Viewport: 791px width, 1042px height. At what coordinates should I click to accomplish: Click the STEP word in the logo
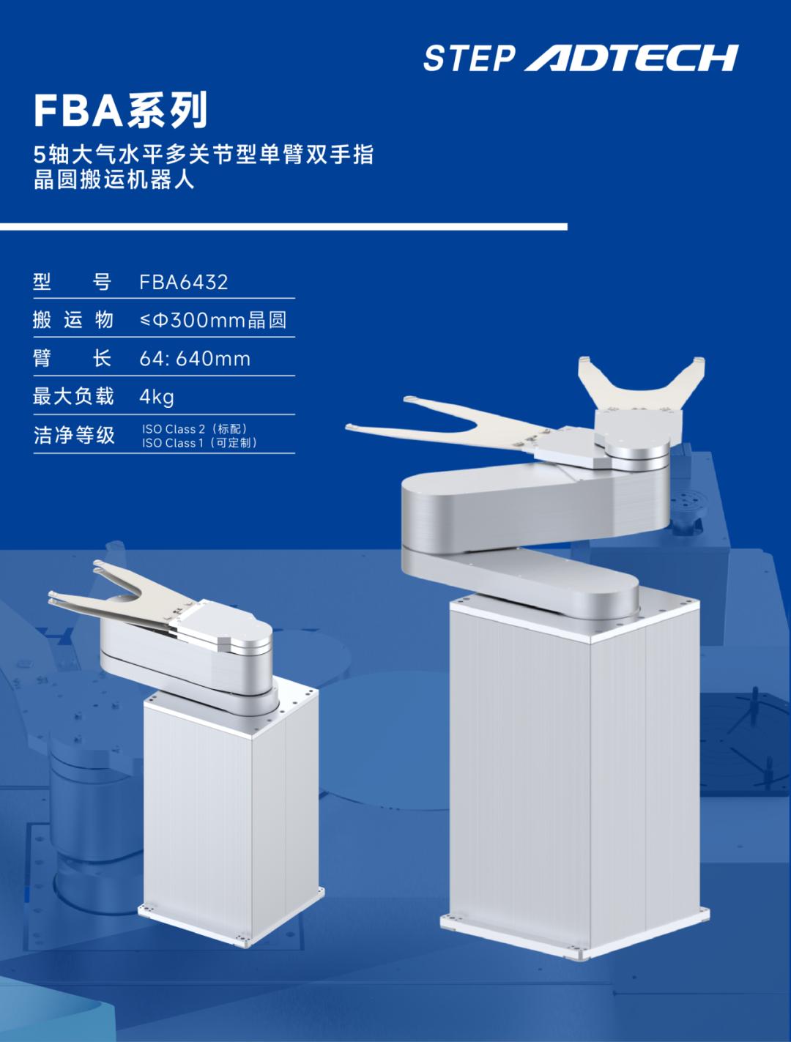pos(469,59)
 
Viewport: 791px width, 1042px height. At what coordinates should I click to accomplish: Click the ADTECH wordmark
pos(631,58)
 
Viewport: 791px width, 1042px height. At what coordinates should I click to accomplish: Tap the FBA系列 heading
pos(121,110)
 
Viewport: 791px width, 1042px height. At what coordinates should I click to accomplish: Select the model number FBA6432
pos(184,283)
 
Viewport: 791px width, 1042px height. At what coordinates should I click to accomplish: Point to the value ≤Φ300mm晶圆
pos(213,321)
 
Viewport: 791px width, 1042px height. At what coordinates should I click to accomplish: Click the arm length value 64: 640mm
pos(195,359)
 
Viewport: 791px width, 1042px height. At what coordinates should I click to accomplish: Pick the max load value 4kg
pos(157,397)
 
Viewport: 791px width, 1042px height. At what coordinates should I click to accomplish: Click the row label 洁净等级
pos(74,435)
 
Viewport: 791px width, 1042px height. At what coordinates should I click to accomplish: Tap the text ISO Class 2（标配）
pos(195,428)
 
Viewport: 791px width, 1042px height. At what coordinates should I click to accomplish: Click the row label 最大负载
pos(73,396)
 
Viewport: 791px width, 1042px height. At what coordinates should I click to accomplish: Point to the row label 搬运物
pos(73,320)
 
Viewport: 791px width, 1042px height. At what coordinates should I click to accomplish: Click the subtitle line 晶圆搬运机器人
pos(114,180)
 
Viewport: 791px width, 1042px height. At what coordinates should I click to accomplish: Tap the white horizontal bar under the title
pos(283,227)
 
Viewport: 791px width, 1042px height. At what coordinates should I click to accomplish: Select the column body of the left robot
pos(231,803)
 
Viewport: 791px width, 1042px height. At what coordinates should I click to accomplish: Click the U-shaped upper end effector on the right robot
pos(642,384)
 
